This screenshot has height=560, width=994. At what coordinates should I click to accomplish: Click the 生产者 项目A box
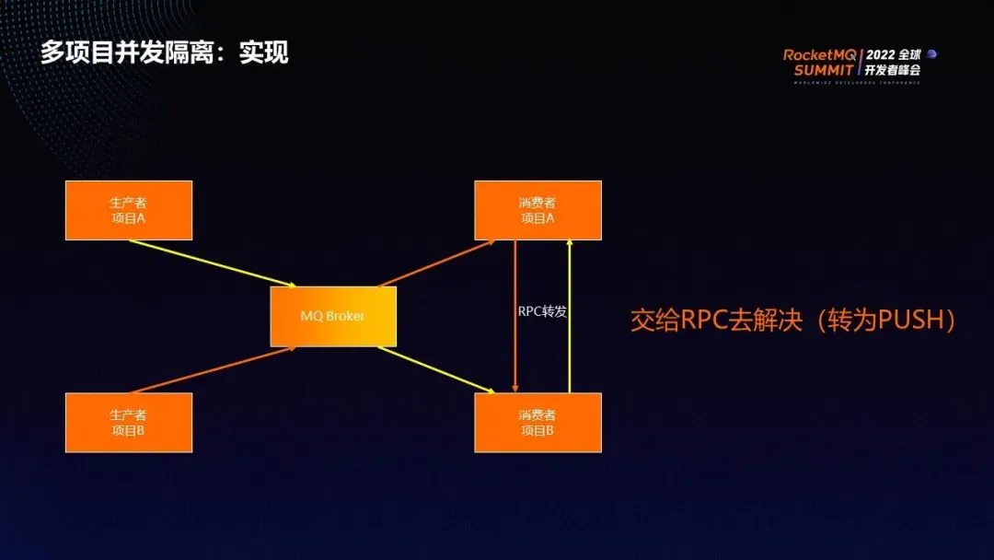click(x=129, y=210)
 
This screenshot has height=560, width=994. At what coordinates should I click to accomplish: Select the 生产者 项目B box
click(x=129, y=423)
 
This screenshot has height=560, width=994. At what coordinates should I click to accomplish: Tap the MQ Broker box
click(x=333, y=316)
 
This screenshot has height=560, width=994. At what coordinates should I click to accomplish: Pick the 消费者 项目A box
click(x=537, y=210)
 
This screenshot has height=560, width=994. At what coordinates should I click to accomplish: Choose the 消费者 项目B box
click(x=537, y=423)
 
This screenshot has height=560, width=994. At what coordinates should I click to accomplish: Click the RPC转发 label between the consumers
click(x=542, y=311)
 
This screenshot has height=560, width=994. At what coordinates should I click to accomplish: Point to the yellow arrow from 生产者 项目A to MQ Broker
click(x=212, y=263)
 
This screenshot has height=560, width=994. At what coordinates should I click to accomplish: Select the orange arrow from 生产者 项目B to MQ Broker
click(x=212, y=371)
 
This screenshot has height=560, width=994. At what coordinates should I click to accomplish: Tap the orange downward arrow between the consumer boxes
click(x=515, y=350)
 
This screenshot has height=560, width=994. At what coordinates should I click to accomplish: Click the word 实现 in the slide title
click(x=264, y=52)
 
